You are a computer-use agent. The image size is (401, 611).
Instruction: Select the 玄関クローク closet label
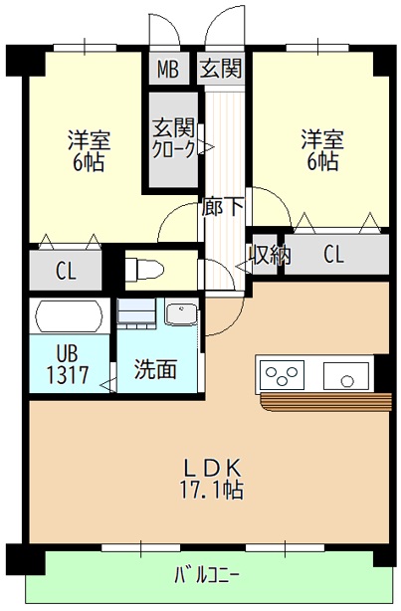point(173,138)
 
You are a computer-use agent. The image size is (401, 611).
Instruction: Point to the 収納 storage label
point(270,255)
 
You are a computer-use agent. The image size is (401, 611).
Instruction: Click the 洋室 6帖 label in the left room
point(89,150)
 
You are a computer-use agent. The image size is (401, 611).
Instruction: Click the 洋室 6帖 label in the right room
point(320,150)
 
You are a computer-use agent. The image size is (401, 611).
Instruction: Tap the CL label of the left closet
point(66,270)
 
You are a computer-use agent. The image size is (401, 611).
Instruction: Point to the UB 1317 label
point(67,365)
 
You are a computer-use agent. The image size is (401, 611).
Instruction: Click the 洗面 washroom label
point(156,368)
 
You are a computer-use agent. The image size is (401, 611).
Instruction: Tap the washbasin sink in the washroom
point(181,313)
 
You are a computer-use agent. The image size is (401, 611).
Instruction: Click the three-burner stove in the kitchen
point(283,375)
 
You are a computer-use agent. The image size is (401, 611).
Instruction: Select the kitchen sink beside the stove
point(343,375)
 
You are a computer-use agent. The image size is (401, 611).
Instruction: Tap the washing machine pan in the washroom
point(137,313)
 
